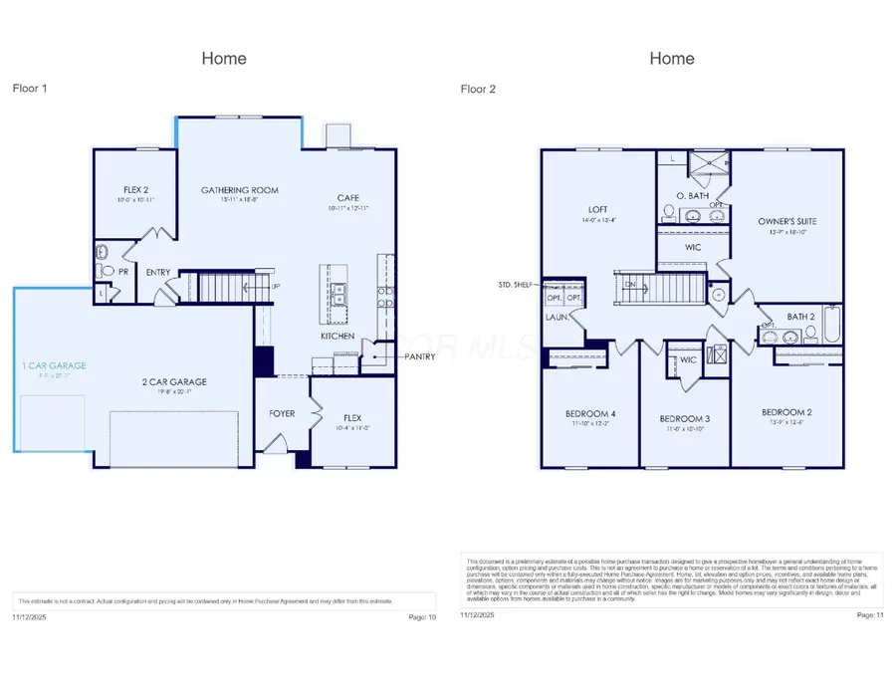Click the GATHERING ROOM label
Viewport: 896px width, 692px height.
point(239,190)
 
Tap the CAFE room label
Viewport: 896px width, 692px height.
point(348,197)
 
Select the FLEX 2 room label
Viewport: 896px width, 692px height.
point(137,189)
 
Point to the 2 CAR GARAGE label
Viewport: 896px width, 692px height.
point(173,381)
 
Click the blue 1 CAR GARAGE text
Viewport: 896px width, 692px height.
point(56,366)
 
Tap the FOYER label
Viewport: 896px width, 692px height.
point(282,413)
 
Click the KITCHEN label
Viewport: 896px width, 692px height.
point(337,337)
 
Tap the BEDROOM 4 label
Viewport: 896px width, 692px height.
point(590,413)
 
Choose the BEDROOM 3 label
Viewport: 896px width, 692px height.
point(684,418)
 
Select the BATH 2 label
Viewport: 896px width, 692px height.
point(800,317)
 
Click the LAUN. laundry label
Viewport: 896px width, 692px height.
point(556,318)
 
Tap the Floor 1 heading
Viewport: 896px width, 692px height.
point(30,89)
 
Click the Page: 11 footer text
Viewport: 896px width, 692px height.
point(869,616)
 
